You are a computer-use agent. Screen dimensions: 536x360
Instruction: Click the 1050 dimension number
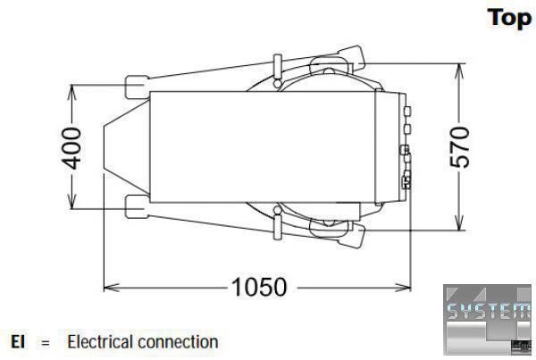[259, 287]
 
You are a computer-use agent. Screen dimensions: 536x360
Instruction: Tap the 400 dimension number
[71, 147]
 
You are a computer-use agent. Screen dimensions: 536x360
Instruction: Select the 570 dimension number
[460, 147]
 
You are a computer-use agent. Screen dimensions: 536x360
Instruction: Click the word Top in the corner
[510, 18]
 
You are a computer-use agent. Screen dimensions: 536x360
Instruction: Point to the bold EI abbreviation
[18, 341]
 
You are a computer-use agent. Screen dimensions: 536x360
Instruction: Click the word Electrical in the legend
[100, 341]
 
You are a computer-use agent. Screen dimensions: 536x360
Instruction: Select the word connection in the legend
[178, 342]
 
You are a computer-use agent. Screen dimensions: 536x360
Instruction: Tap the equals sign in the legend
[46, 342]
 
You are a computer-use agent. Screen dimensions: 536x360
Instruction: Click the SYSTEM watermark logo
[488, 319]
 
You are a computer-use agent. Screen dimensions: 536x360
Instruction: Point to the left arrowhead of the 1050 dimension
[109, 287]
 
